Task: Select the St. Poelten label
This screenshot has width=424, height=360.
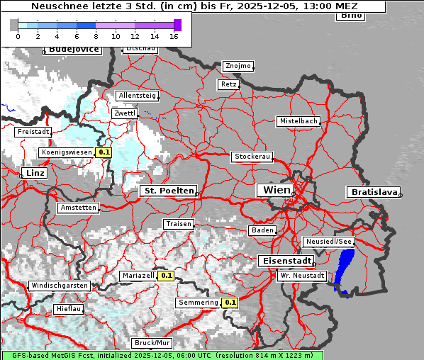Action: coord(168,191)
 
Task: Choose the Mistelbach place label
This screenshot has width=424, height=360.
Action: coord(298,121)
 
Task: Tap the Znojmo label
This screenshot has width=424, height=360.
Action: coord(238,66)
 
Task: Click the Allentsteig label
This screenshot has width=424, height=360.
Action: coord(137,96)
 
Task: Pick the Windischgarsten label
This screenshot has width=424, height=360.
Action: coord(59,286)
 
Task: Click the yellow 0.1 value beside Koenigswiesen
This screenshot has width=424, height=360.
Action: coord(104,152)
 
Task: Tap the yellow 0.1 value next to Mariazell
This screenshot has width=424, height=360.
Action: coord(167,276)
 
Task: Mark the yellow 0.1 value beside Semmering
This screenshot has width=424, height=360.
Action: coord(230,303)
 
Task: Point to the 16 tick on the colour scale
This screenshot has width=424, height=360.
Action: coord(174,36)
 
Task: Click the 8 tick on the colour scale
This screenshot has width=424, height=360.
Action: coord(96,36)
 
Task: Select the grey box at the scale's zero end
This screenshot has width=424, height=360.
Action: coord(14,26)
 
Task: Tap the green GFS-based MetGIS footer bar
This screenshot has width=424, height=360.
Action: coord(162,355)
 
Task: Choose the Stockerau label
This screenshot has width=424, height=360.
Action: coord(252,157)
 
